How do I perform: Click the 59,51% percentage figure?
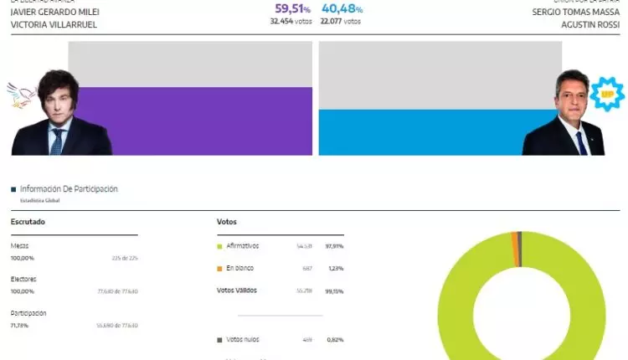coord(293,9)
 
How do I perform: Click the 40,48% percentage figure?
coord(342,9)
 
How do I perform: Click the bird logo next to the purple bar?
coord(20,95)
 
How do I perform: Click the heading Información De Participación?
coord(69,189)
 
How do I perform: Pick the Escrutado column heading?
coord(28,221)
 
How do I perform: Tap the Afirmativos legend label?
coord(243,246)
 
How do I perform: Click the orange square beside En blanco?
coord(219,268)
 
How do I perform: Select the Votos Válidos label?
coord(237,290)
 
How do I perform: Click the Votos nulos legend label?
coord(243,339)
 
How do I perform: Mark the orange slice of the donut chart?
coord(514,239)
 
